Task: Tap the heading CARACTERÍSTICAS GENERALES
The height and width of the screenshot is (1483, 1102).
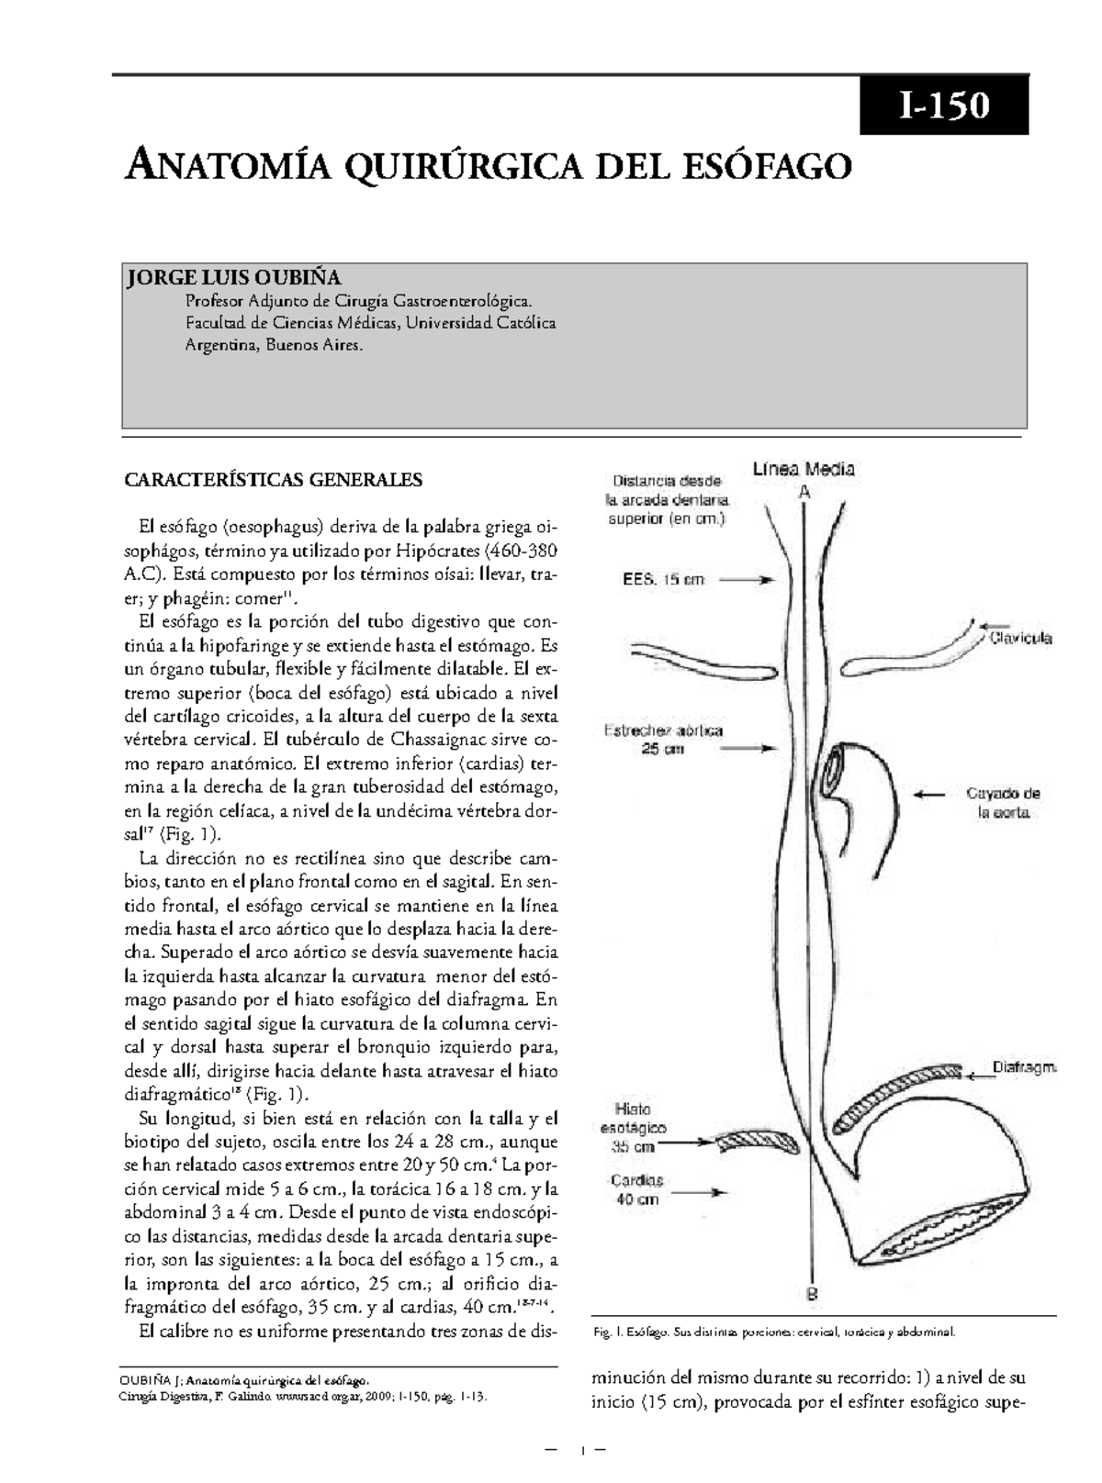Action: coord(273,479)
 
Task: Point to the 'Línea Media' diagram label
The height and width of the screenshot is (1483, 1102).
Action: coord(804,470)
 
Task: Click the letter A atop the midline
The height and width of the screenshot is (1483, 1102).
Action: coord(804,492)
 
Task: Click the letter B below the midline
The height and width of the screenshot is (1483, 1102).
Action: coord(812,1295)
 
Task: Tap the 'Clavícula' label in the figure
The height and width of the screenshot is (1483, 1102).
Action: coord(1020,638)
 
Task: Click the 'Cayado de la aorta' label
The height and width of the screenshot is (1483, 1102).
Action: coord(1003,802)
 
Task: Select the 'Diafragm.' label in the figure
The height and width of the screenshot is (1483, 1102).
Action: coord(1024,1067)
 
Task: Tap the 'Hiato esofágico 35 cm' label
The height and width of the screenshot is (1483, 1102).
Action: coord(634,1128)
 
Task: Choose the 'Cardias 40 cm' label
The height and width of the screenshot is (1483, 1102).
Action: coord(636,1189)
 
